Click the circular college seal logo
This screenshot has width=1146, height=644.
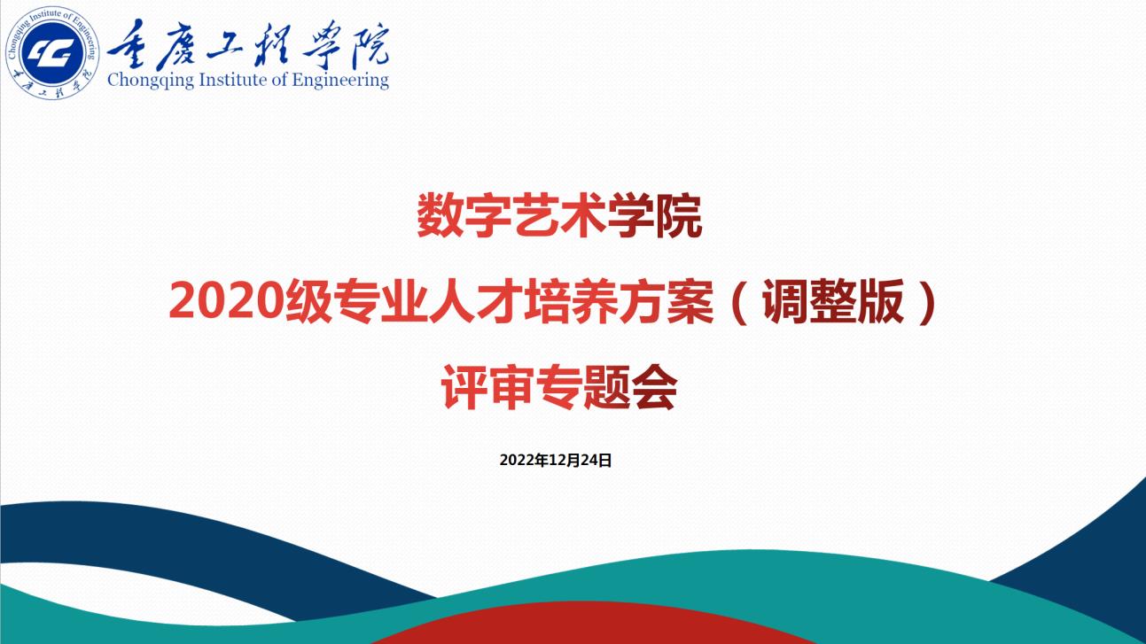[x=52, y=53]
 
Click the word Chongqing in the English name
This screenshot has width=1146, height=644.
[x=151, y=81]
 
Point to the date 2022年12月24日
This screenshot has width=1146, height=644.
[x=556, y=461]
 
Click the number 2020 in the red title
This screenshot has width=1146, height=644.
[x=227, y=302]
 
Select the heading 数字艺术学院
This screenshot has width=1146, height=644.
[x=559, y=216]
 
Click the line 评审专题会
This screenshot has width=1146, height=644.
[x=559, y=387]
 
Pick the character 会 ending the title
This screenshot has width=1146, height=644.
[x=654, y=387]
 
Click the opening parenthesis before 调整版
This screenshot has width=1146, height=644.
[x=740, y=302]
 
